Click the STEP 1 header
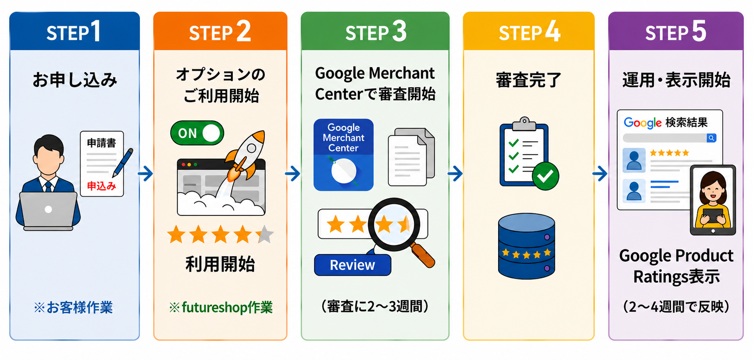tap(74, 32)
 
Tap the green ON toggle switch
tap(197, 133)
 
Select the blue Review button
tap(352, 265)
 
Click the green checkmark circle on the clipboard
tap(545, 176)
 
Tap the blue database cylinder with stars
tap(526, 246)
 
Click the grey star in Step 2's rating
tap(265, 235)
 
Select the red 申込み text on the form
tap(101, 186)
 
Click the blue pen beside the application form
tap(123, 162)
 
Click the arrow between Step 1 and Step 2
tap(146, 174)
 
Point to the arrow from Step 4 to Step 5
tap(600, 174)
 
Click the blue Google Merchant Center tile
tap(343, 155)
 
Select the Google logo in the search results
tap(643, 123)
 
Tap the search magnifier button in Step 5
tap(711, 138)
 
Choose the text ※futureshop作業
tap(221, 307)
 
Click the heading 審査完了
tap(528, 80)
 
